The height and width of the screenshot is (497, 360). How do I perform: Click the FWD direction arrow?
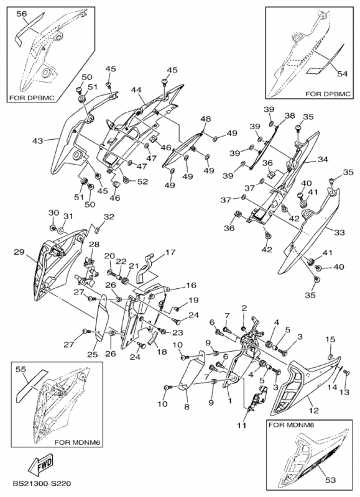41,465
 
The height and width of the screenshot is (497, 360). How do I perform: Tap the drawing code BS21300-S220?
42,484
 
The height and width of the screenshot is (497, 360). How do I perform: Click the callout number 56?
22,14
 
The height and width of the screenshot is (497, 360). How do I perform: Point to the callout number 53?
331,480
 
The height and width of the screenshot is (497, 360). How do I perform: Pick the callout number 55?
21,370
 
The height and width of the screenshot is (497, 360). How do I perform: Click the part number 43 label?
38,140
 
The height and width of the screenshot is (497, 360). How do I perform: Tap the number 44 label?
137,90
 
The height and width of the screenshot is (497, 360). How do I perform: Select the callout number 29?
19,252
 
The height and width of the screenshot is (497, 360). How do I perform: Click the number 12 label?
313,411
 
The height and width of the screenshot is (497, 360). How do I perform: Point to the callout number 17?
170,253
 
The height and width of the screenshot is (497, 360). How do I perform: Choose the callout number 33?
339,232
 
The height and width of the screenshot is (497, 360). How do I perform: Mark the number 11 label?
242,426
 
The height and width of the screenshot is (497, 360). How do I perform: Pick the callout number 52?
142,181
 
